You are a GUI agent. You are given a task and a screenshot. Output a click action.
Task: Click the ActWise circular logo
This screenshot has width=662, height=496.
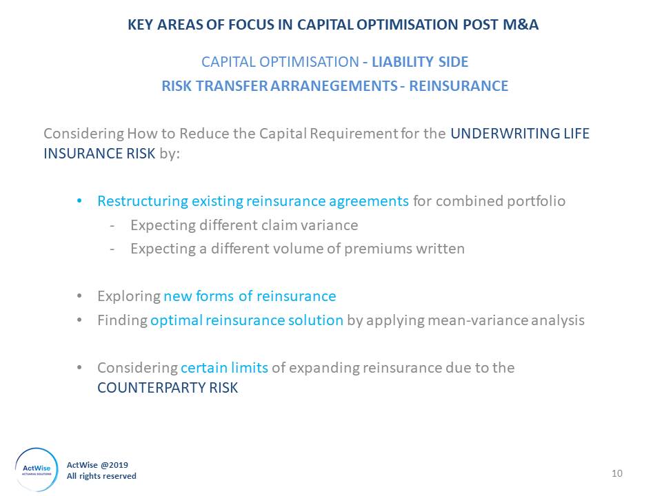[x=37, y=469]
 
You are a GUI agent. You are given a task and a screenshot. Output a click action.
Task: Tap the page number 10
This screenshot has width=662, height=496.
[x=616, y=473]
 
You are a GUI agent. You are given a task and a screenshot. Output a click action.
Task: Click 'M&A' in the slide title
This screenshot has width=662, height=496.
[x=521, y=25]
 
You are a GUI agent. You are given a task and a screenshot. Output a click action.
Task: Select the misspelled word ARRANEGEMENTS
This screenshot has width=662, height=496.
[x=334, y=85]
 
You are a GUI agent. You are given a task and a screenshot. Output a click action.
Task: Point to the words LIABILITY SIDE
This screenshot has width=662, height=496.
[x=420, y=62]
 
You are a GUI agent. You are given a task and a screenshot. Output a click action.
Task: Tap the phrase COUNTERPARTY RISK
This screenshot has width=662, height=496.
[x=168, y=388]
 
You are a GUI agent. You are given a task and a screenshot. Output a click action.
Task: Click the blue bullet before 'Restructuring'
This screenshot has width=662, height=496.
[x=79, y=200]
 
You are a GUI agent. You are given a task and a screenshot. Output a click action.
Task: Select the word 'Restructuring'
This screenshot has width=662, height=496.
[x=143, y=201]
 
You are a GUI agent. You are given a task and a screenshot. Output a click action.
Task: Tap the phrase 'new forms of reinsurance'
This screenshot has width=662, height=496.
[x=250, y=296]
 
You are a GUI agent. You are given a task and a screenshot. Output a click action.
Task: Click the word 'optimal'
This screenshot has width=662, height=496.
[x=177, y=320]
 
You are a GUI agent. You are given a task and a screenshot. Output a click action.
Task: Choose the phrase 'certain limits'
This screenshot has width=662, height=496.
[x=224, y=368]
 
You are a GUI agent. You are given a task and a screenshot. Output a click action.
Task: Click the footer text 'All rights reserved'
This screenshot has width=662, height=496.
[x=101, y=476]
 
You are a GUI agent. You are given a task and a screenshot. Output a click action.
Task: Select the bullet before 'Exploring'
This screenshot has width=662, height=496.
[x=79, y=296]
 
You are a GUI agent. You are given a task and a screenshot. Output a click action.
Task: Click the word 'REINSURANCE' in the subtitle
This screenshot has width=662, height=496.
[x=459, y=85]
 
